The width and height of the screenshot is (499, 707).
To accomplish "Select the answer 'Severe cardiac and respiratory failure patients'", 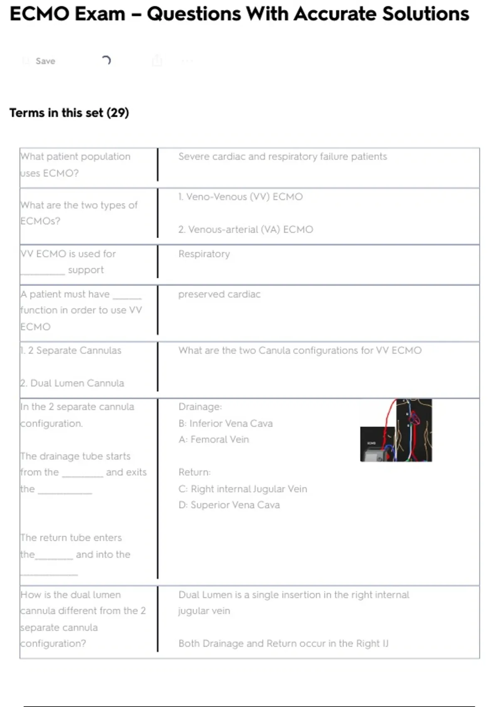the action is tap(282, 156).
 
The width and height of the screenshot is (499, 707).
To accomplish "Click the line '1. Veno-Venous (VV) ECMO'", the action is tap(240, 197).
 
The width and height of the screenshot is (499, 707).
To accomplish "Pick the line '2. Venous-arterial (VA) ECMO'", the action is tap(246, 230).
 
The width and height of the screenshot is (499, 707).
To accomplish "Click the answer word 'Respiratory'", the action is tap(204, 254).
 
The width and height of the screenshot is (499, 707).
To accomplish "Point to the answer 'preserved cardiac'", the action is tap(220, 294).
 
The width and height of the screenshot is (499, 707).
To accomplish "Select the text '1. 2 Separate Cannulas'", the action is tap(71, 350).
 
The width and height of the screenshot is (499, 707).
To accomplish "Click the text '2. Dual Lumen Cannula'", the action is tap(72, 383).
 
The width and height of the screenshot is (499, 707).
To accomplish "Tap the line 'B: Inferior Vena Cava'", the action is tap(225, 423).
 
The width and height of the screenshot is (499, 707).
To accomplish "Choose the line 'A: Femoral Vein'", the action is tap(214, 440).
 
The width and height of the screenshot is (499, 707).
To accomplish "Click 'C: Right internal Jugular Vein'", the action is tap(242, 489).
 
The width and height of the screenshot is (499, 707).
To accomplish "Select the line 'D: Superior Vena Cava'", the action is tap(229, 505).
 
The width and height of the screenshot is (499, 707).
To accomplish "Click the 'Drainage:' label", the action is tap(200, 407).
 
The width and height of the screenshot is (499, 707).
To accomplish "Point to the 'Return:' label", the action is tap(195, 472).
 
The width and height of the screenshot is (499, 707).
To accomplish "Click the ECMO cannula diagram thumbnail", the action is tap(396, 430).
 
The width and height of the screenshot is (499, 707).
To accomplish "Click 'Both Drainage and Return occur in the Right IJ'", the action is tap(283, 643).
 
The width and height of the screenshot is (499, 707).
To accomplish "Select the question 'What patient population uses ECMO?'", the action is tap(75, 165).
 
